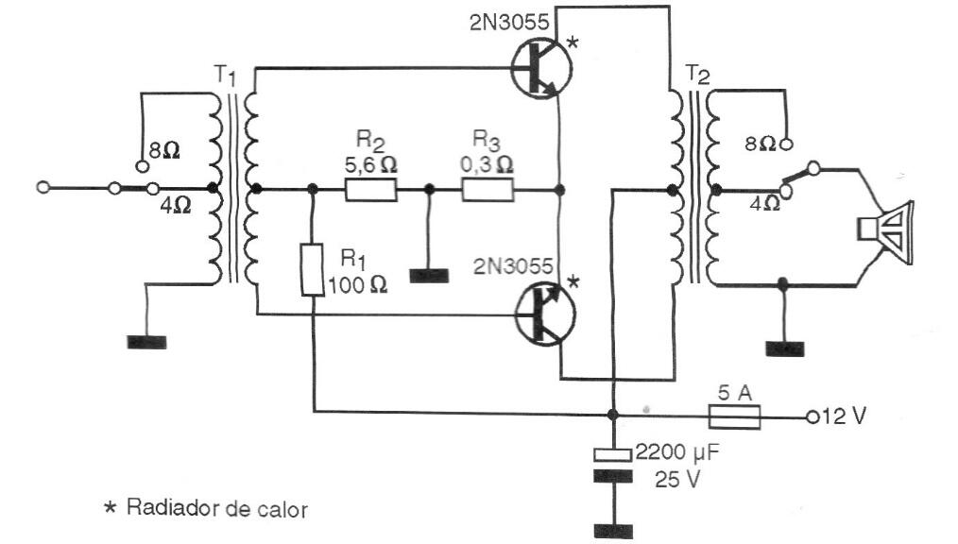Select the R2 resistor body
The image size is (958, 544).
(370, 190)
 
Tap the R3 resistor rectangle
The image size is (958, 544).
(488, 190)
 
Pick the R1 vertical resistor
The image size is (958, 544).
(312, 268)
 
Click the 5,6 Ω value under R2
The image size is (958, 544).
(370, 163)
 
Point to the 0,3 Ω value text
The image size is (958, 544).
(488, 163)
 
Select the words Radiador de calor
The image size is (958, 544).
(215, 509)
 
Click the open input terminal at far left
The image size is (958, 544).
(42, 188)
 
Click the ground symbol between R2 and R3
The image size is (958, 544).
(430, 276)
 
